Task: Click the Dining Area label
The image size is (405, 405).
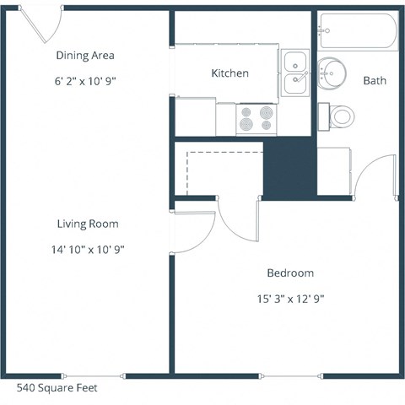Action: coord(84,56)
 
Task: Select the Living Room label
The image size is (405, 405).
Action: coord(88,224)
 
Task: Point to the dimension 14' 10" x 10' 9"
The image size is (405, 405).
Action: coord(88,250)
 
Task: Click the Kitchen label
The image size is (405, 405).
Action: coord(229,73)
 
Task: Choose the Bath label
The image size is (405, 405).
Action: coord(374,81)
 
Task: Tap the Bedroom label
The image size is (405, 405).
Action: coord(290,273)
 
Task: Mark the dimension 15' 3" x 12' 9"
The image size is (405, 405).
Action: coord(290,299)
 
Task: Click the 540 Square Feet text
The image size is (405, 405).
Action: coord(57,389)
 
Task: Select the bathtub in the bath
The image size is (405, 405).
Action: coord(356,32)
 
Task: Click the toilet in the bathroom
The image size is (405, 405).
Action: coord(340,116)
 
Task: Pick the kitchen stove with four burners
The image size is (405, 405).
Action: coord(256,119)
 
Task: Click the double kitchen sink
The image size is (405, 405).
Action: coord(295,71)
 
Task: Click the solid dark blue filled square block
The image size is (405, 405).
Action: coord(289,168)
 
